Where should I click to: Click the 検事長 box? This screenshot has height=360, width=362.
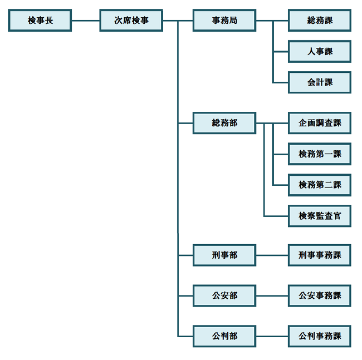[40, 21]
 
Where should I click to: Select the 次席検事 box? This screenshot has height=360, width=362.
[131, 21]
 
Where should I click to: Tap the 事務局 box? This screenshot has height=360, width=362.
[224, 21]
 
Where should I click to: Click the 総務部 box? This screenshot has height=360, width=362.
[224, 123]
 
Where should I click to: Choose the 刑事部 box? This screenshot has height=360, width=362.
[224, 255]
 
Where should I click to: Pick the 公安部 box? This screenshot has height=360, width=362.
[224, 295]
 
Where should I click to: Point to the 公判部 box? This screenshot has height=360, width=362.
[224, 336]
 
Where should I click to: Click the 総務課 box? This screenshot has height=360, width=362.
[320, 21]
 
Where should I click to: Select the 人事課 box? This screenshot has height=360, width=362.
[320, 52]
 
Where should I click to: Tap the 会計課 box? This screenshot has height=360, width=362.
[320, 82]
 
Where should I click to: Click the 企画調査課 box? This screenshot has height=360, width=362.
[320, 123]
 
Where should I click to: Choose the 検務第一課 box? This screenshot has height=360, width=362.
[320, 154]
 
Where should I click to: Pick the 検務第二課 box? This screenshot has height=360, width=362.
[320, 185]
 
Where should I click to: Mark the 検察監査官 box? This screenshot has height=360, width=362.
[320, 216]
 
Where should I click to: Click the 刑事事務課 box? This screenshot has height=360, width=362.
[320, 255]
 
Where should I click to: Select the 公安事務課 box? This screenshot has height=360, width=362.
[320, 295]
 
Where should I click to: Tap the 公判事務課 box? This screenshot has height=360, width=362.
[320, 336]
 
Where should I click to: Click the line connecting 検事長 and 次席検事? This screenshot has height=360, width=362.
[85, 21]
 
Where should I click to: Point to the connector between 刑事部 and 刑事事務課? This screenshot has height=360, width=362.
[272, 255]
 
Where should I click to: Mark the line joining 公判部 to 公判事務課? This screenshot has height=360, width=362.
[272, 336]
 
